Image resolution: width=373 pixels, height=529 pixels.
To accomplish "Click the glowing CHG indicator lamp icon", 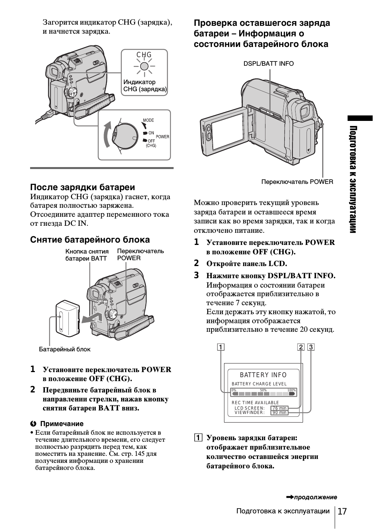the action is click(x=144, y=67).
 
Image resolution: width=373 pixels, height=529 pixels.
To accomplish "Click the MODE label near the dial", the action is click(x=149, y=120).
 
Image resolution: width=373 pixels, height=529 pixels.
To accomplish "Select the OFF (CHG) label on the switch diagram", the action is click(x=151, y=143).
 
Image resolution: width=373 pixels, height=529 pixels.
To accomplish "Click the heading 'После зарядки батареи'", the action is click(x=82, y=187).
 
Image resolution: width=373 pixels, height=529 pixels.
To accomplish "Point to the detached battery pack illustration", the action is click(x=68, y=318).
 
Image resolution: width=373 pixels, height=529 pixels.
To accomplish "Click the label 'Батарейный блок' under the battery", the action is click(x=65, y=349).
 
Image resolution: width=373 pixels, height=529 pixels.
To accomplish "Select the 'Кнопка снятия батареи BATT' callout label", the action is click(x=87, y=255).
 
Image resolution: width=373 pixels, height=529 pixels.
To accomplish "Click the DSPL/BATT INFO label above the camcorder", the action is click(x=269, y=63).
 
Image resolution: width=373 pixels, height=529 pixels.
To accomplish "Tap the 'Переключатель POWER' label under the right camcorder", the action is click(x=297, y=182).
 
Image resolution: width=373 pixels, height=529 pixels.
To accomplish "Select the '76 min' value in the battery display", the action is click(x=279, y=408).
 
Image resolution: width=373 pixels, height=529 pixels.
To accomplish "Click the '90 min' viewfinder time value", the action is click(x=279, y=412).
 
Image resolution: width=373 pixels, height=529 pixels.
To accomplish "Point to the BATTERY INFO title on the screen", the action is click(x=263, y=375).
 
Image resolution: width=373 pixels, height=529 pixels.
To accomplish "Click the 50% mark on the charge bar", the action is click(x=263, y=390).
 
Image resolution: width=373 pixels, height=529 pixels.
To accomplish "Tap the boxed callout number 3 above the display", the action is click(x=311, y=347).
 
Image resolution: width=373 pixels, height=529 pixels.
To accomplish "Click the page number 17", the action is click(x=342, y=511).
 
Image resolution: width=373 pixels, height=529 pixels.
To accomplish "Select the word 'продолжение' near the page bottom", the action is click(x=316, y=497).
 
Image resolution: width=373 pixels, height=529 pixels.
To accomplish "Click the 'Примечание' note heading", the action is click(x=62, y=424).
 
